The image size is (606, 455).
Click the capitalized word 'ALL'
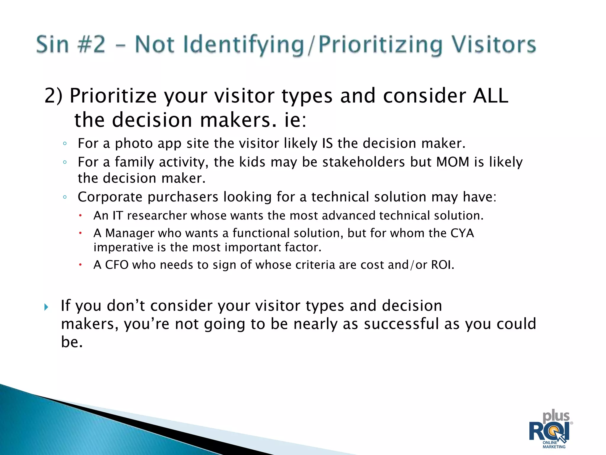490,96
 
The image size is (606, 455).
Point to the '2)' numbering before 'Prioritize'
53,96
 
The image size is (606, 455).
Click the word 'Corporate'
110,197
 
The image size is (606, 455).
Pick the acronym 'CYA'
462,233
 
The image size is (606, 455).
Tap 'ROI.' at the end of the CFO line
442,265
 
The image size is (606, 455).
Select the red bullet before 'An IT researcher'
80,216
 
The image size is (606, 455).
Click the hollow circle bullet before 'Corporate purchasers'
65,197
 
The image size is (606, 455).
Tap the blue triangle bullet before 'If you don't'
46,307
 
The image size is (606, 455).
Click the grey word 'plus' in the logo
556,416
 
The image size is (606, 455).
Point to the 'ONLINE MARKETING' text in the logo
554,445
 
